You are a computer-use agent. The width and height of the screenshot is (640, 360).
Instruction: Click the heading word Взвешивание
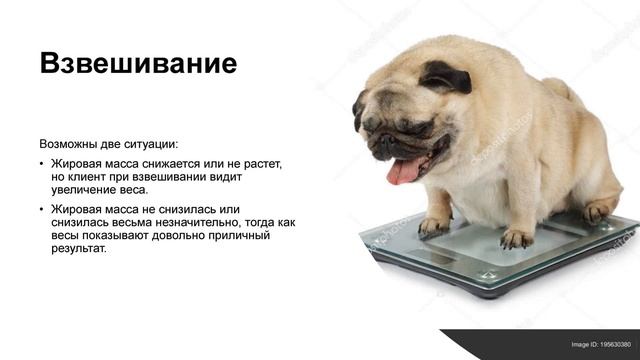tap(138, 63)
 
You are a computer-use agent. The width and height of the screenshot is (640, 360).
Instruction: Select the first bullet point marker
tap(42, 162)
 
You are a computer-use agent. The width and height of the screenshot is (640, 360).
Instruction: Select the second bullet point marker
tap(42, 208)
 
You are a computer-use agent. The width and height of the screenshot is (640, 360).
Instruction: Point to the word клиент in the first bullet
tap(97, 175)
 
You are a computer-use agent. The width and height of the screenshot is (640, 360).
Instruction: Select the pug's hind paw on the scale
tap(596, 211)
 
